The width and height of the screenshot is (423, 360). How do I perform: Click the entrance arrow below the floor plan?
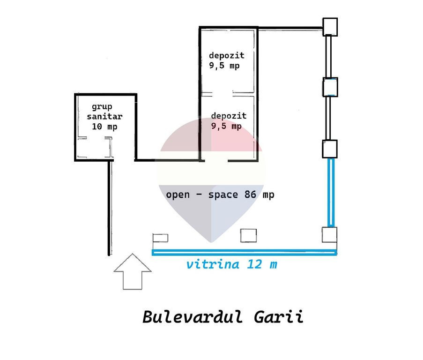tap(133, 272)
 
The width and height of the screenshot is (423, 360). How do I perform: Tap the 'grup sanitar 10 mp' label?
tap(104, 117)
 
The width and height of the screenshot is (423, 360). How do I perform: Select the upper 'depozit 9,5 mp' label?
tap(227, 60)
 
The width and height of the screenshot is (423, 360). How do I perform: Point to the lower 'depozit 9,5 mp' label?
tap(229, 121)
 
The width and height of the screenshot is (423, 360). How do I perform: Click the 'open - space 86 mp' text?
tap(220, 195)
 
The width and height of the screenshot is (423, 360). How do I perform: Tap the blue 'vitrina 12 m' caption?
tap(232, 264)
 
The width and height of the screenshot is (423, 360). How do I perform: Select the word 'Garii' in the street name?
tap(279, 316)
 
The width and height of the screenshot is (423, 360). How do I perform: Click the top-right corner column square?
tap(330, 27)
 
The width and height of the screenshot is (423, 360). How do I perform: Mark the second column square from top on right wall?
tap(330, 87)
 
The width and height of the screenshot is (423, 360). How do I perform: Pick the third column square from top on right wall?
tap(330, 149)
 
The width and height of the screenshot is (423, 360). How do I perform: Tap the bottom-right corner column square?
tap(329, 235)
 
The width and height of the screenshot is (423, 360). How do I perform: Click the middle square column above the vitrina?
tap(248, 235)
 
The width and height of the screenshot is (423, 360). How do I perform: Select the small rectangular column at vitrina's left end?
tap(161, 238)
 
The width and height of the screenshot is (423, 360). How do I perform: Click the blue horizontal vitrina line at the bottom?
tap(244, 252)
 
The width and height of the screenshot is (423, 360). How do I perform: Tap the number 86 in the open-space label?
tap(250, 195)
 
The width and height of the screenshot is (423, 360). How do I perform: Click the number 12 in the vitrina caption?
tap(254, 264)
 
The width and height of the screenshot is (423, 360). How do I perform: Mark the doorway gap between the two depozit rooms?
tap(223, 94)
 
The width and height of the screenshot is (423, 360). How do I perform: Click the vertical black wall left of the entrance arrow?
tap(110, 208)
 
